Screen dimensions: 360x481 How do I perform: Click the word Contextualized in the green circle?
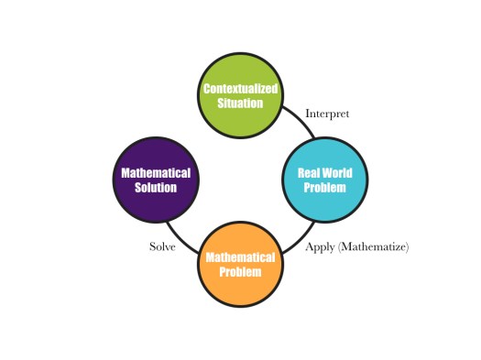(x=239, y=89)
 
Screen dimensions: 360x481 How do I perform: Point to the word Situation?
(x=239, y=103)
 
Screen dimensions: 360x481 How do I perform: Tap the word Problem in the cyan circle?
(x=325, y=187)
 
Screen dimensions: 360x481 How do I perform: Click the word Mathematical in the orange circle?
(x=240, y=258)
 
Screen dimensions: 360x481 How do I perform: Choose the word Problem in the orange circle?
(x=240, y=272)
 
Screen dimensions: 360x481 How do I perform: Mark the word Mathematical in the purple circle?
(x=156, y=173)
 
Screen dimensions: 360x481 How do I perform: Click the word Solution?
(x=155, y=187)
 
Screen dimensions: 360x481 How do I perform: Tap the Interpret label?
(x=327, y=114)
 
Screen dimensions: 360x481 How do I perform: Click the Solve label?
(x=162, y=247)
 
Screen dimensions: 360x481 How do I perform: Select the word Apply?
(x=320, y=247)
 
